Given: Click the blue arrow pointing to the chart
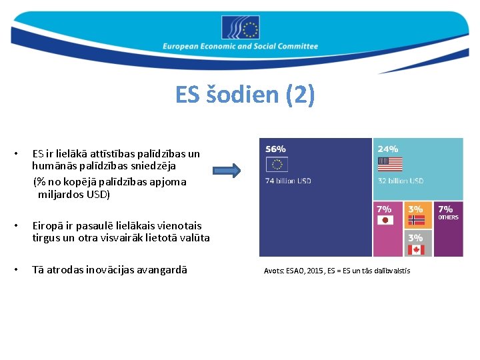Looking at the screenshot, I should point(228,171).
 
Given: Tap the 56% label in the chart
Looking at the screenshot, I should point(276,149).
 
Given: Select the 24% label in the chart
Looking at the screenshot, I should point(388,149).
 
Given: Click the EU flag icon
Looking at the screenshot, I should point(276,165).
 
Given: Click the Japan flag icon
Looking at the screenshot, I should point(384,221).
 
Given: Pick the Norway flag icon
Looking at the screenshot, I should point(416,220).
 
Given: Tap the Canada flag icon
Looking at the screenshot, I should point(416,249).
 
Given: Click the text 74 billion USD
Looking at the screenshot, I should point(289,181).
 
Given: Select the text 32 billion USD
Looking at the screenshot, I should point(401,181).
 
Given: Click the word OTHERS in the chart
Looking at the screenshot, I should point(448,217).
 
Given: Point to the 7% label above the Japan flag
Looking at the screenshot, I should point(385,209).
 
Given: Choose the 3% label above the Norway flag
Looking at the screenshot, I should point(415,209).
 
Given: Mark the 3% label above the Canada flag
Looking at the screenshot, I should point(415,237).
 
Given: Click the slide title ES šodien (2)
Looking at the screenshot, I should point(245,95).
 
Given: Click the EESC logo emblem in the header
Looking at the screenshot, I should point(241,28).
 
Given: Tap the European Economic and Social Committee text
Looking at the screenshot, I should point(241,47).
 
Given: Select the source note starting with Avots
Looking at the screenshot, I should point(337,271).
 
